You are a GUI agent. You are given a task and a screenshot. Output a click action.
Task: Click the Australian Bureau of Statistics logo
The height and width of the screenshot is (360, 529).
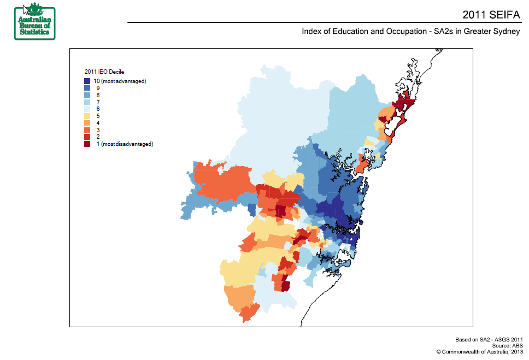35,21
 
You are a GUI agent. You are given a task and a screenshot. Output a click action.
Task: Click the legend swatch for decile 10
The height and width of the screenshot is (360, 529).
87,81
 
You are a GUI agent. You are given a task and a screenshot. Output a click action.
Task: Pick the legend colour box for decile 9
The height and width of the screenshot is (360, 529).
87,88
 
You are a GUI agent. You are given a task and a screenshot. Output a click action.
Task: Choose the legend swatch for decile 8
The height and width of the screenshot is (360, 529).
87,95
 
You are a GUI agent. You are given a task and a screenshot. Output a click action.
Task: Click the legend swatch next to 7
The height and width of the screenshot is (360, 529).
87,102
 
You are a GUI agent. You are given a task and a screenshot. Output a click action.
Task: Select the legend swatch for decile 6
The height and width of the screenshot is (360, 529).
87,109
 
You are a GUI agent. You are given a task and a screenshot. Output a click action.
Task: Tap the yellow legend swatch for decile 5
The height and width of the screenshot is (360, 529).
87,116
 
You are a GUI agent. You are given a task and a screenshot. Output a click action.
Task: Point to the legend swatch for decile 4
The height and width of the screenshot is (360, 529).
87,123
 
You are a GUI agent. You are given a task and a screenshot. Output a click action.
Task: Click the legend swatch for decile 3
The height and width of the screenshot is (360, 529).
87,130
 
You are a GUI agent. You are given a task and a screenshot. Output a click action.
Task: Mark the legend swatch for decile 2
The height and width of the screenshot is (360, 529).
87,137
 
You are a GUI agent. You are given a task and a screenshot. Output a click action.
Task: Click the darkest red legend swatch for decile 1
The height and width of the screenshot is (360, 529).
87,144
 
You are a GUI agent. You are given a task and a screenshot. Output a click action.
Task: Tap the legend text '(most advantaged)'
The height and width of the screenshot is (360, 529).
124,81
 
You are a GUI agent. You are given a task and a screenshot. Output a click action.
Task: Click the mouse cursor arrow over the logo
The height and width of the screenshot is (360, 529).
26,9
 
